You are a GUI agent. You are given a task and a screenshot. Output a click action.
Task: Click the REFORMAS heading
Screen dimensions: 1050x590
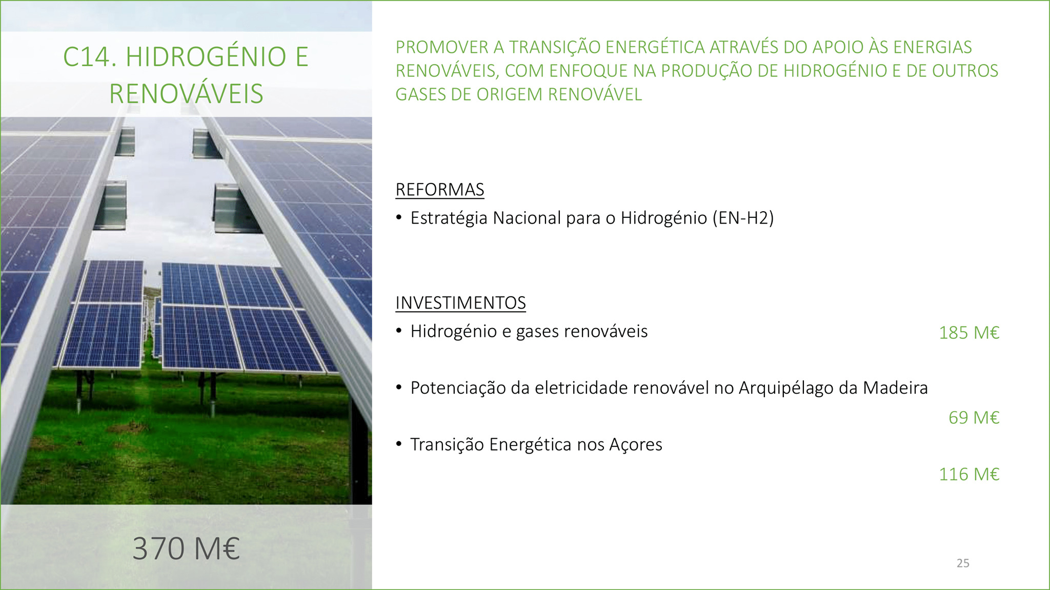click(440, 190)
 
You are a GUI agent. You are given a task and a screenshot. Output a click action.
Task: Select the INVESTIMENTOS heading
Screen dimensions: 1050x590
click(460, 303)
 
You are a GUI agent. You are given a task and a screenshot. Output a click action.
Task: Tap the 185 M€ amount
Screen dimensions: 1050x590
click(969, 333)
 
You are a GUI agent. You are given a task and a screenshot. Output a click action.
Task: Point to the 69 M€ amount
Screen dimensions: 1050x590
click(974, 418)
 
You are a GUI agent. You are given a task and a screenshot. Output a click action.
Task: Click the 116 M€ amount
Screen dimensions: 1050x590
click(969, 474)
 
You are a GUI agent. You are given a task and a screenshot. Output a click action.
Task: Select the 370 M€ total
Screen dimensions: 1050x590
click(186, 548)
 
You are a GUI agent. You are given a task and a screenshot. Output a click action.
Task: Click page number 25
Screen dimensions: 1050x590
click(963, 563)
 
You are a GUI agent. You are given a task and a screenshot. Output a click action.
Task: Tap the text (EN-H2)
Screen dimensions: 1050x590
click(743, 218)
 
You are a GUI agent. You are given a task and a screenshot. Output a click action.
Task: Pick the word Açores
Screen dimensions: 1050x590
click(635, 445)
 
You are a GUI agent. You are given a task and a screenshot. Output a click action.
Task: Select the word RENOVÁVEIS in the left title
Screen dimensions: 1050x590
click(186, 93)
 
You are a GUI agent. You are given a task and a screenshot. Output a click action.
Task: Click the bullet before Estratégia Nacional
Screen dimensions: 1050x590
click(399, 218)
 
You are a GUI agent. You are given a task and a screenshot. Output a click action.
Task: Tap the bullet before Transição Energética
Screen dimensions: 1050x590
click(399, 444)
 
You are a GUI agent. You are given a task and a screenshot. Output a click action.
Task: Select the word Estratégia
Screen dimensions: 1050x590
click(449, 218)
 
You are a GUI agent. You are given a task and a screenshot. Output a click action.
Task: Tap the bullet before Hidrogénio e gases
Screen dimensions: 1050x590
click(399, 331)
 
